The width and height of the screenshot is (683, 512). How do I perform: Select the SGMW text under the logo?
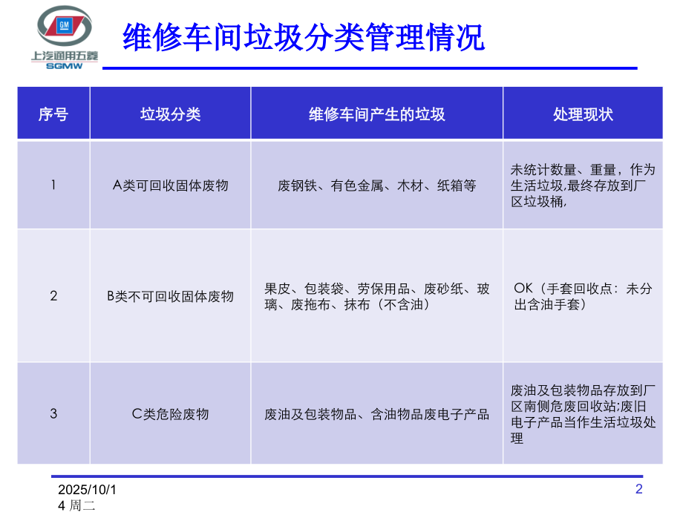click(65, 65)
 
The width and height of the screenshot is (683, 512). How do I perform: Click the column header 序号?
click(53, 114)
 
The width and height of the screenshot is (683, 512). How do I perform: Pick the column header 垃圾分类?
click(170, 114)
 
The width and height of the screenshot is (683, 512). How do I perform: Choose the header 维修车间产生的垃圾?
click(376, 114)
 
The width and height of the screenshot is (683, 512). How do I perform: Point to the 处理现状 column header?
click(583, 114)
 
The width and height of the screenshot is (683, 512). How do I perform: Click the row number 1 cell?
click(53, 185)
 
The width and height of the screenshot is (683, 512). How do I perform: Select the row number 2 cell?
click(53, 296)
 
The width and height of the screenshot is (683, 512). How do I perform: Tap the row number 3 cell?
click(53, 414)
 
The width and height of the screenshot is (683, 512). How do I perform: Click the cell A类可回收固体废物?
click(170, 186)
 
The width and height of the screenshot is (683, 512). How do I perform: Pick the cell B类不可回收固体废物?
click(170, 296)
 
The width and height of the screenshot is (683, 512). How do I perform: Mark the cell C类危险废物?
click(170, 414)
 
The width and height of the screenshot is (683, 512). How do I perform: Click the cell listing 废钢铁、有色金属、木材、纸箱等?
click(376, 186)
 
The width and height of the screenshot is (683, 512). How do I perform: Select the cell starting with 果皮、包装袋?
click(376, 296)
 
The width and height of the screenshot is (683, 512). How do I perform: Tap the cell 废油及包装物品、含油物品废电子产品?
click(376, 414)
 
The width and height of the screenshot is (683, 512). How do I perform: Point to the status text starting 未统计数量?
click(583, 186)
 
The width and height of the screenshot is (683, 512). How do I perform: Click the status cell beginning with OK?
click(583, 296)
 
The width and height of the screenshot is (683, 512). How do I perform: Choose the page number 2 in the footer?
click(639, 488)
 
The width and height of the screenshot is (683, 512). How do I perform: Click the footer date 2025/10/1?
click(88, 490)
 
